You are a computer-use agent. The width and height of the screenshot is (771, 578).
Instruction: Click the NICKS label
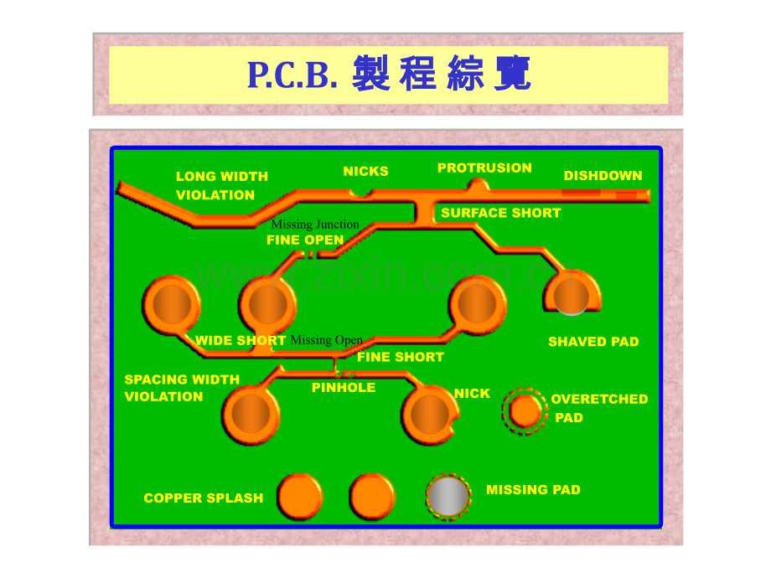tap(365, 171)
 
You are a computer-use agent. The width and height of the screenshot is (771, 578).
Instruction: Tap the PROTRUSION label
tap(484, 168)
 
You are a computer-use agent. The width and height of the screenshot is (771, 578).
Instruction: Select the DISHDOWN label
tap(603, 175)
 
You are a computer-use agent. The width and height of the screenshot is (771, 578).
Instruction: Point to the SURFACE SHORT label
tap(500, 213)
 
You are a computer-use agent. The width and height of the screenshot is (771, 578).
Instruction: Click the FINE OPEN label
tap(305, 240)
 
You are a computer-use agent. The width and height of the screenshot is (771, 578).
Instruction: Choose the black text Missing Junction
tap(315, 224)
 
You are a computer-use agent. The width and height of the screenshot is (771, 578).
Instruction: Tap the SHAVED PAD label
tap(593, 342)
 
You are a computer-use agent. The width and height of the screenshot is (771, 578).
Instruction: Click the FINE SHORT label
tap(401, 357)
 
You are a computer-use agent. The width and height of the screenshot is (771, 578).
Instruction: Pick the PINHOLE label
tap(344, 388)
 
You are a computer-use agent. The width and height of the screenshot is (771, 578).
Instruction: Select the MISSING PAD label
tap(533, 489)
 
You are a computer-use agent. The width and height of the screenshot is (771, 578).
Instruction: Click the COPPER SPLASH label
tap(203, 498)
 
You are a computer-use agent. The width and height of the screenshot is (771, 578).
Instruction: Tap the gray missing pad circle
tap(448, 497)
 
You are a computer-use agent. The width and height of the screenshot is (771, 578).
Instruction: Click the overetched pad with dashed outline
tap(525, 411)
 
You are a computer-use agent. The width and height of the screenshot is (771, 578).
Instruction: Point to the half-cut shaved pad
tap(572, 293)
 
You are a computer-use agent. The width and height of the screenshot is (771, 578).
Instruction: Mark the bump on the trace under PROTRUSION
tap(478, 185)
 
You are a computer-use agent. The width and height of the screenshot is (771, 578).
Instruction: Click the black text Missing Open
tap(327, 340)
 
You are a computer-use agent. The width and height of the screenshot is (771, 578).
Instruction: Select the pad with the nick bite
tap(430, 415)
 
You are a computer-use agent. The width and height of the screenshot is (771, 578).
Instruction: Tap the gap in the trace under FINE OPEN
tap(311, 255)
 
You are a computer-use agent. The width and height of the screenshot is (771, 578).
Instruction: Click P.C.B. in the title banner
tap(292, 75)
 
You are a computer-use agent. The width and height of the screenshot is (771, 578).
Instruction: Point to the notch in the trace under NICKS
tap(361, 194)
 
